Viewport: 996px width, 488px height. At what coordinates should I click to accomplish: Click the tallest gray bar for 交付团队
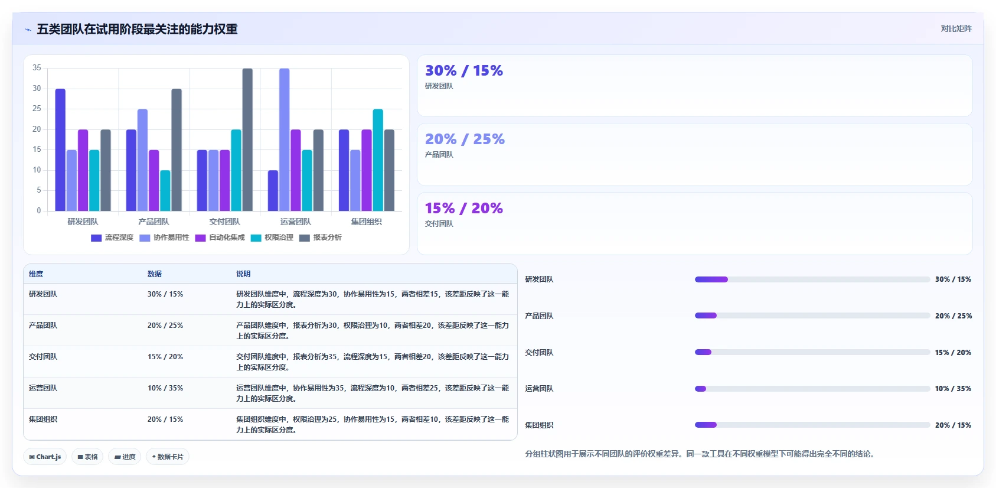[x=247, y=139]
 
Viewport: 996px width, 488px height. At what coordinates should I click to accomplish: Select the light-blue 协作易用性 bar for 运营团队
[x=285, y=139]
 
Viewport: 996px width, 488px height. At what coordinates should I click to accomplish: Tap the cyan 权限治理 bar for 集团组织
[x=378, y=160]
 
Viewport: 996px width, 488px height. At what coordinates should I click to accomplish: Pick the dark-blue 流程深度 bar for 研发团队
[x=60, y=150]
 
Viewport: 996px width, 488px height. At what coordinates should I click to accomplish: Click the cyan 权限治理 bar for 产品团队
[x=165, y=190]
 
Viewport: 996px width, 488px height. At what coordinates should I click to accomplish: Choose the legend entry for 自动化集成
[x=220, y=238]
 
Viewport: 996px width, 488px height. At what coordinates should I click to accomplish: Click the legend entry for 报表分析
[x=321, y=238]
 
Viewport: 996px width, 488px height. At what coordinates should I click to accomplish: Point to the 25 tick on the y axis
[x=37, y=109]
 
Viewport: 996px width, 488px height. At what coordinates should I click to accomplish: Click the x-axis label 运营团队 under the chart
[x=296, y=222]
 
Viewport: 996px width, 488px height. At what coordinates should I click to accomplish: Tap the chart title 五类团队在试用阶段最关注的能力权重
[x=137, y=30]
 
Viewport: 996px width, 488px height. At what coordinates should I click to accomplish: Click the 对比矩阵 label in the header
[x=956, y=28]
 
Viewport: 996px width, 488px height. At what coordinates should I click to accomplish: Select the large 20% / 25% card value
[x=465, y=139]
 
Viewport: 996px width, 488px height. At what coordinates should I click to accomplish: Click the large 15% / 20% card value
[x=464, y=208]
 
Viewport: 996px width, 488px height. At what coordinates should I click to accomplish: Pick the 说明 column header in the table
[x=243, y=274]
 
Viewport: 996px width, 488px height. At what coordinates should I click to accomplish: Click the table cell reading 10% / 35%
[x=165, y=388]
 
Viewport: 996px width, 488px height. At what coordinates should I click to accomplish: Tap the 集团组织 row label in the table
[x=43, y=419]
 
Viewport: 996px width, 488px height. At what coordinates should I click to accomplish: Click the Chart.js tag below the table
[x=45, y=457]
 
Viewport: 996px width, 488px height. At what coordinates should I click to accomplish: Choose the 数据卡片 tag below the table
[x=168, y=457]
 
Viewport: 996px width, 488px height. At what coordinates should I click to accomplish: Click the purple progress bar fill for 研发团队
[x=711, y=279]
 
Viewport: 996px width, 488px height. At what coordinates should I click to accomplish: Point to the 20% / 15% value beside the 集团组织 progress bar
[x=953, y=425]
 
